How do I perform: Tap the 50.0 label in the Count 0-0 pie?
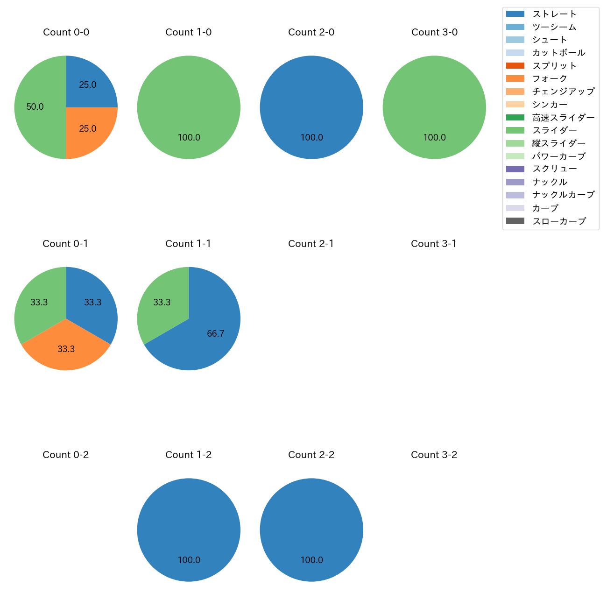[x=35, y=107]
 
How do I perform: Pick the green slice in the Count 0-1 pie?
[x=39, y=303]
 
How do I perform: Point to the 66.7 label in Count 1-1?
[x=215, y=333]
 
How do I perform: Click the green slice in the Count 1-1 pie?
[x=163, y=302]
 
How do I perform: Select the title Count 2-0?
[x=311, y=32]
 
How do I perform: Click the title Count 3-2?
[x=434, y=455]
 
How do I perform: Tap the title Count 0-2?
[x=65, y=455]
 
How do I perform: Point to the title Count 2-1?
[x=311, y=244]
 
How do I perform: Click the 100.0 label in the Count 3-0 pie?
[x=434, y=138]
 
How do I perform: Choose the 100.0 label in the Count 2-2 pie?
[x=311, y=560]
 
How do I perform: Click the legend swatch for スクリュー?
[x=515, y=169]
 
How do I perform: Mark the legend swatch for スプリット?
[x=515, y=66]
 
